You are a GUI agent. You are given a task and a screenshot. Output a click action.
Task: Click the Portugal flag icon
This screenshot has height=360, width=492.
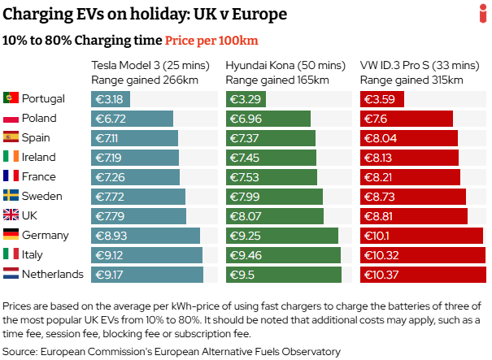tap(11, 98)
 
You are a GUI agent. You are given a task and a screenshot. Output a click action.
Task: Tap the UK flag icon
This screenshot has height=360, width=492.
tap(11, 215)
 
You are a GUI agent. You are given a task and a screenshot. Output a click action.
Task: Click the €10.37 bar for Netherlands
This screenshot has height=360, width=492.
tap(422, 274)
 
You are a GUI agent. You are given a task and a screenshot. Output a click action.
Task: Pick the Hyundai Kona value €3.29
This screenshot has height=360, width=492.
tap(244, 99)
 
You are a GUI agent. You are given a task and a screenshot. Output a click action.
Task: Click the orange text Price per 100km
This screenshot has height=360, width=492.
tap(211, 40)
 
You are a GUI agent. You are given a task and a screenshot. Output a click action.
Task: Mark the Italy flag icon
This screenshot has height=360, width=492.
tap(11, 254)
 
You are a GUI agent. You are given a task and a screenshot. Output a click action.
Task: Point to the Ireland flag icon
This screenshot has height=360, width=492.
tap(11, 157)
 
